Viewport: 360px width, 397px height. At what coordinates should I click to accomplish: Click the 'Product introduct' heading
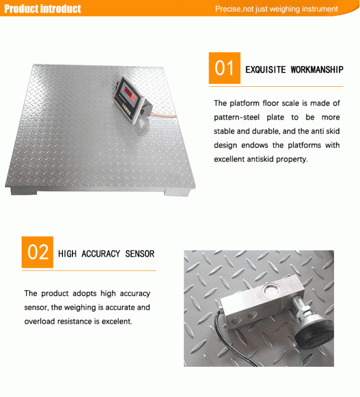[x=43, y=9]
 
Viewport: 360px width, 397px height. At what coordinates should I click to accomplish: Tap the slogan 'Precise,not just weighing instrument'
[x=276, y=9]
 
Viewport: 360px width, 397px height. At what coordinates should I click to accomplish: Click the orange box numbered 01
[x=224, y=68]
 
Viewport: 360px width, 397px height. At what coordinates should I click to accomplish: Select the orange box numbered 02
[x=38, y=252]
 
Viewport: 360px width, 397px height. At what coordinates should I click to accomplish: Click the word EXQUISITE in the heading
[x=265, y=69]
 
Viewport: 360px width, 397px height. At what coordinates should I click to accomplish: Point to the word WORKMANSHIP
[x=317, y=69]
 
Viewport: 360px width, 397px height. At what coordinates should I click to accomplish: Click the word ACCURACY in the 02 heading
[x=101, y=254]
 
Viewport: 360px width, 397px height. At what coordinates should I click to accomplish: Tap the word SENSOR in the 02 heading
[x=140, y=254]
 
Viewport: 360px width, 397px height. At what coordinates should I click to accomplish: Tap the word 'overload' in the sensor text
[x=38, y=321]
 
